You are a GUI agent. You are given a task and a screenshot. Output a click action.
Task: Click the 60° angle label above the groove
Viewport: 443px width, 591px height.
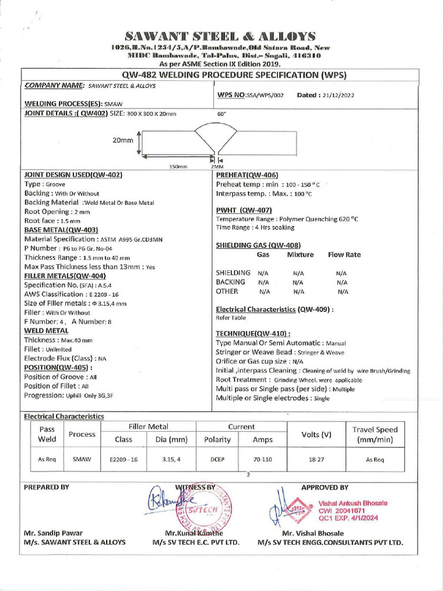(x=221, y=114)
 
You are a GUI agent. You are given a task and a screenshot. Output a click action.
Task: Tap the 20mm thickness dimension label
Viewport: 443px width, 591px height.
(x=123, y=140)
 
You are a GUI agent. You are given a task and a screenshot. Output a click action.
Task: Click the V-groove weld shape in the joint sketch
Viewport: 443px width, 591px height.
(x=213, y=139)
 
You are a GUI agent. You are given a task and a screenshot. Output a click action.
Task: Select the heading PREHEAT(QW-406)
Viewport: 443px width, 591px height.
(x=247, y=175)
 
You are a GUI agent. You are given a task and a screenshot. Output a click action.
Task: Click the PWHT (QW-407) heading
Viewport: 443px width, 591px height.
(x=244, y=210)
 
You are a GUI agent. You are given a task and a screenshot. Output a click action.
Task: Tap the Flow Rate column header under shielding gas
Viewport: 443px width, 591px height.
(x=344, y=255)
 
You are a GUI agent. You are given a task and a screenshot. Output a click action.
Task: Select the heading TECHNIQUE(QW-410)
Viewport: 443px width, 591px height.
(x=253, y=334)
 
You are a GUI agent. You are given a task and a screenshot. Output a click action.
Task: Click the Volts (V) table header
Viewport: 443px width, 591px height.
(x=317, y=434)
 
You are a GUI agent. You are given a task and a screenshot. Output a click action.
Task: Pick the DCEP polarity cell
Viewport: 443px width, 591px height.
(x=217, y=460)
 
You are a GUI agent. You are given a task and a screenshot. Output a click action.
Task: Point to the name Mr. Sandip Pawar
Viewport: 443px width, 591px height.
(x=53, y=533)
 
